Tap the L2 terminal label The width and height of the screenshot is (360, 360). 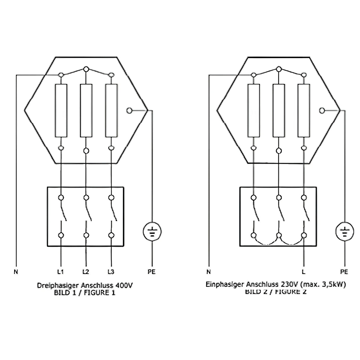click(x=86, y=271)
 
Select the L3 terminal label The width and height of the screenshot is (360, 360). click(x=111, y=271)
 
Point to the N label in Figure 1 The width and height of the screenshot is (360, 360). click(x=16, y=271)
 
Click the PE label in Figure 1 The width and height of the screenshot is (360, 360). click(x=152, y=271)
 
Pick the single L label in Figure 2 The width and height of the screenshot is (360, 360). click(x=303, y=271)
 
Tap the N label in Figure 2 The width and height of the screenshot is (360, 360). click(x=208, y=271)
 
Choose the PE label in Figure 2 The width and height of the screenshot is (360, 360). click(x=344, y=271)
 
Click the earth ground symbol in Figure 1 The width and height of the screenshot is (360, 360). click(x=152, y=232)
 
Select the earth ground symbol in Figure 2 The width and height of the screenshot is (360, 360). click(x=345, y=232)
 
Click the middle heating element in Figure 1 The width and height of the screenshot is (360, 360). click(x=86, y=111)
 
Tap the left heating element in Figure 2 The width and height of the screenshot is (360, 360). click(x=254, y=111)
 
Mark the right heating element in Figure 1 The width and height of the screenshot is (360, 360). click(x=111, y=111)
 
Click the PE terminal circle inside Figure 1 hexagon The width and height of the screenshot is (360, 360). click(x=129, y=111)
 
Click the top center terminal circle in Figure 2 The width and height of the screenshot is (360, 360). click(x=278, y=69)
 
